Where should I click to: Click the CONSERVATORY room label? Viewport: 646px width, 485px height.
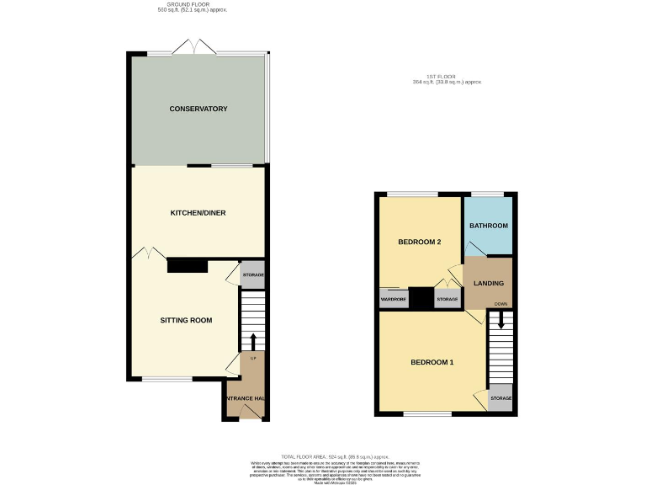point(199,109)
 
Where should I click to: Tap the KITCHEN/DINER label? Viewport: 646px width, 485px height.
point(199,213)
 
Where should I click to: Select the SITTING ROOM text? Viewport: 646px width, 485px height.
point(186,320)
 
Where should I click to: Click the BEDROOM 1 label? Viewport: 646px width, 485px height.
point(432,362)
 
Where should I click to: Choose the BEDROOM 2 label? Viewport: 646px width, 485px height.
point(420,242)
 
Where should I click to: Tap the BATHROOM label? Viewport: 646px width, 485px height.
point(489,226)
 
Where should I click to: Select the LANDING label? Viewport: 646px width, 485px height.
point(489,284)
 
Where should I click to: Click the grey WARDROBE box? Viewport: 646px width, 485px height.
point(393,299)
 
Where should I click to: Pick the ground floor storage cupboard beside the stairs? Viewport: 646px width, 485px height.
point(253,275)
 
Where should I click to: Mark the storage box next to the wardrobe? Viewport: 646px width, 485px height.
point(447,299)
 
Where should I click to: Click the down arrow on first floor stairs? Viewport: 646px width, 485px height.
point(500,320)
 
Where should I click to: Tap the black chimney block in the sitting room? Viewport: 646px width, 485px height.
point(188,266)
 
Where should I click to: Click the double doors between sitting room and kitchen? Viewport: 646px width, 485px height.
point(149,252)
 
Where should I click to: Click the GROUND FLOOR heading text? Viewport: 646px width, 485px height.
point(193,4)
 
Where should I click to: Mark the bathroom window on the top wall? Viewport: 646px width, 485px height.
point(489,195)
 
